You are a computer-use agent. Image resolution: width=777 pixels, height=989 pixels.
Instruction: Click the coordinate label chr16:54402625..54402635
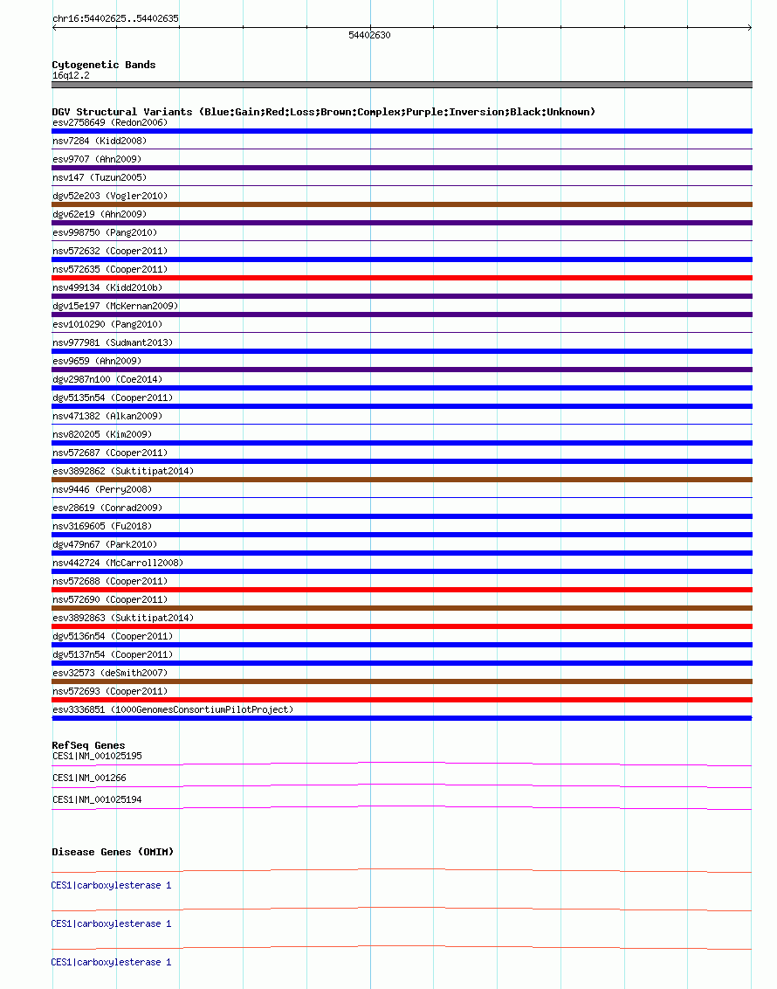tap(116, 18)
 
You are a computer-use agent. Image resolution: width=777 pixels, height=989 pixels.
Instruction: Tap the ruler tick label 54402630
tap(369, 35)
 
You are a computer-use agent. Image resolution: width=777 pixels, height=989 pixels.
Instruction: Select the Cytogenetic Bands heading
tap(104, 65)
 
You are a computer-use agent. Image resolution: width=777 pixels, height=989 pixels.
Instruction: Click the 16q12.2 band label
tap(71, 75)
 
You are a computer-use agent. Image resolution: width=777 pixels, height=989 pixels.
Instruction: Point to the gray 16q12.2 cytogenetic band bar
tap(402, 85)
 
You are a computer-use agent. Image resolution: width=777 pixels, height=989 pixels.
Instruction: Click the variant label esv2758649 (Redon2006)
tap(110, 122)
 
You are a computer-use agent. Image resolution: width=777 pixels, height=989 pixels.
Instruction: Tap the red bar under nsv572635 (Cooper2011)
tap(402, 278)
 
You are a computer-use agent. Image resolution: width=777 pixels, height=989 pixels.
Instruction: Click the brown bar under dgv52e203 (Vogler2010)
tap(402, 204)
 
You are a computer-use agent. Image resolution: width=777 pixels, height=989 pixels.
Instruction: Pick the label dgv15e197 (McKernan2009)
tap(115, 306)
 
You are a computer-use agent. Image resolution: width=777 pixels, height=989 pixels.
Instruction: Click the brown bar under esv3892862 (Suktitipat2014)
tap(402, 480)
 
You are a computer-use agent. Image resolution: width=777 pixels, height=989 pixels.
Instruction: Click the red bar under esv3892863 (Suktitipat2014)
tap(402, 626)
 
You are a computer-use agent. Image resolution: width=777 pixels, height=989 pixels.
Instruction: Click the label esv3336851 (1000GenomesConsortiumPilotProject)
tap(173, 709)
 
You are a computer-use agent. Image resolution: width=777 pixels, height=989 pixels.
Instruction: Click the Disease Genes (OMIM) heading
tap(113, 852)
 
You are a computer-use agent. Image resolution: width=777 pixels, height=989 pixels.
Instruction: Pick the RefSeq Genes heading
tap(88, 745)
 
